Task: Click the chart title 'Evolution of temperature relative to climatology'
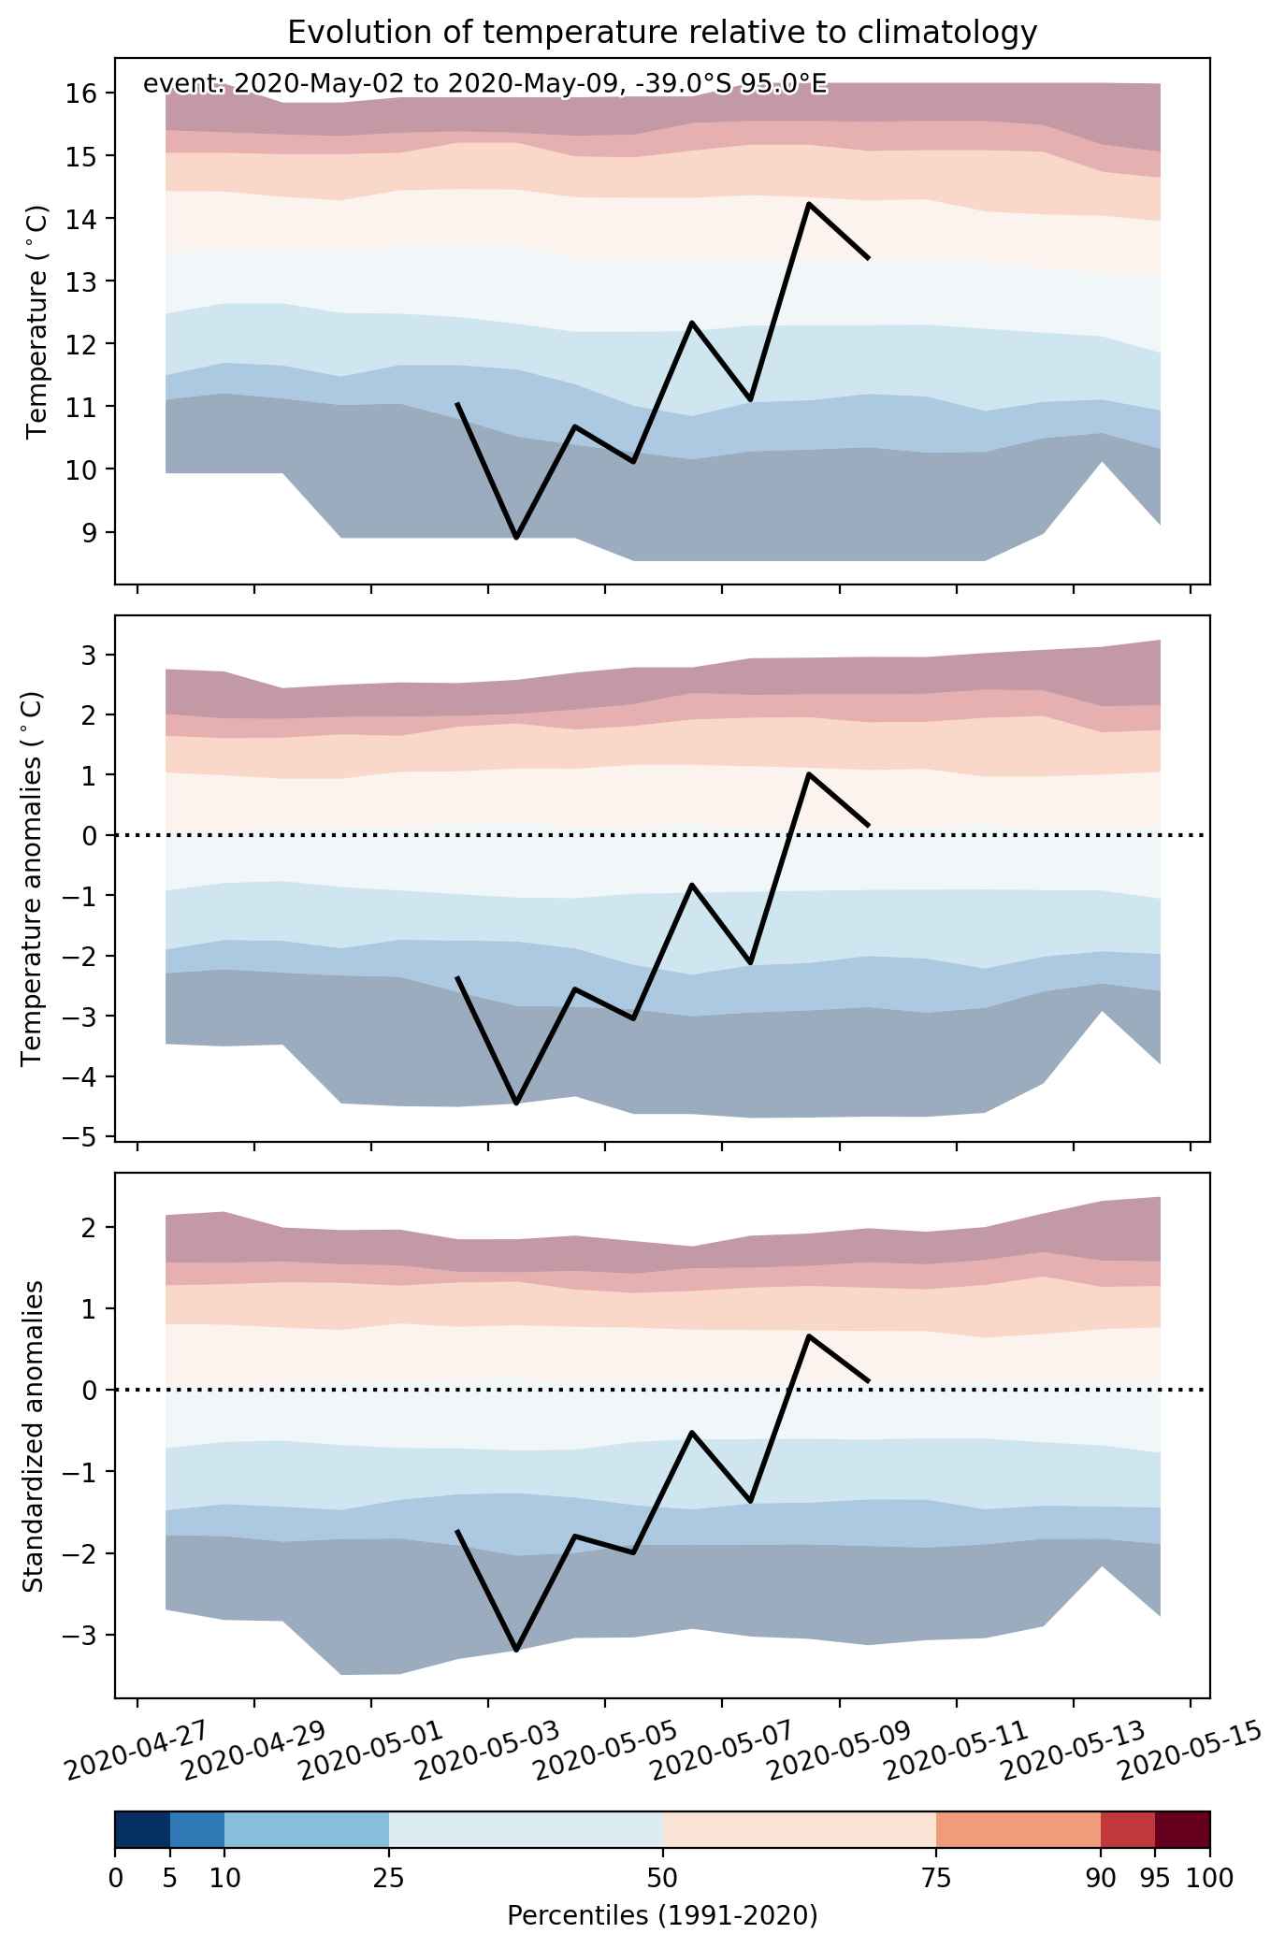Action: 662,33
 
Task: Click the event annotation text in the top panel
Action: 485,84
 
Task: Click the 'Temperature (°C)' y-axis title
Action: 37,322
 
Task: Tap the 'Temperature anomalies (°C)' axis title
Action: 32,877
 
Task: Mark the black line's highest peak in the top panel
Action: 809,204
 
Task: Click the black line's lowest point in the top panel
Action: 516,538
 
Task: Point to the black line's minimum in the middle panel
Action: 516,1104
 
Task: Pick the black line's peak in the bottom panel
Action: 809,1335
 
